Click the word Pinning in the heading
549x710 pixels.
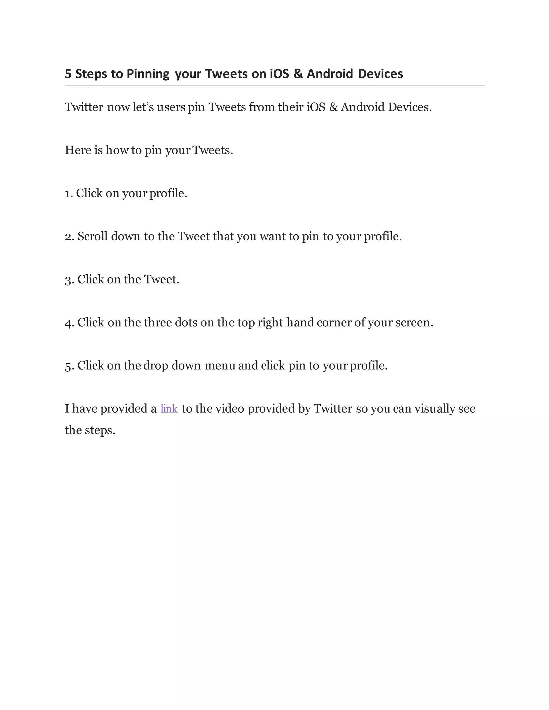[148, 74]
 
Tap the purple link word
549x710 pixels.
[169, 409]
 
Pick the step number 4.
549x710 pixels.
[69, 323]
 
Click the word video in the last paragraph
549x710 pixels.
[230, 409]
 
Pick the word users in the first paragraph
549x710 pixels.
[171, 107]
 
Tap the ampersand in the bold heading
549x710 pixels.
[298, 74]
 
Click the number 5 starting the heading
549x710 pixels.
[68, 74]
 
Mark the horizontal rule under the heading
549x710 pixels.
[274, 86]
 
